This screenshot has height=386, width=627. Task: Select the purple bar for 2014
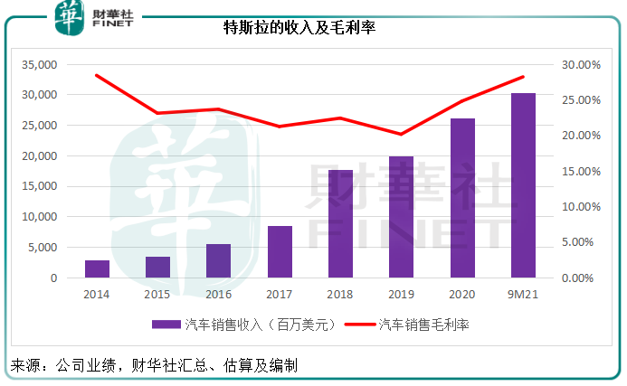pyautogui.click(x=98, y=268)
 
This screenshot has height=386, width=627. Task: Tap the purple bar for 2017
pyautogui.click(x=280, y=251)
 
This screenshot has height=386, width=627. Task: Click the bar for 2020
pyautogui.click(x=462, y=198)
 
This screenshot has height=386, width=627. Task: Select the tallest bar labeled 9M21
pyautogui.click(x=523, y=185)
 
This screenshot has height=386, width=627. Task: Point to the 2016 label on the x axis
pyautogui.click(x=218, y=294)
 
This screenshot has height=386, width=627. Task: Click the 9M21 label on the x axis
pyautogui.click(x=523, y=294)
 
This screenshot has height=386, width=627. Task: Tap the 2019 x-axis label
pyautogui.click(x=401, y=294)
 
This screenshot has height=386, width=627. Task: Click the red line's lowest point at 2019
pyautogui.click(x=401, y=134)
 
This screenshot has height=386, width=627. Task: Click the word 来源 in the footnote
pyautogui.click(x=25, y=366)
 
